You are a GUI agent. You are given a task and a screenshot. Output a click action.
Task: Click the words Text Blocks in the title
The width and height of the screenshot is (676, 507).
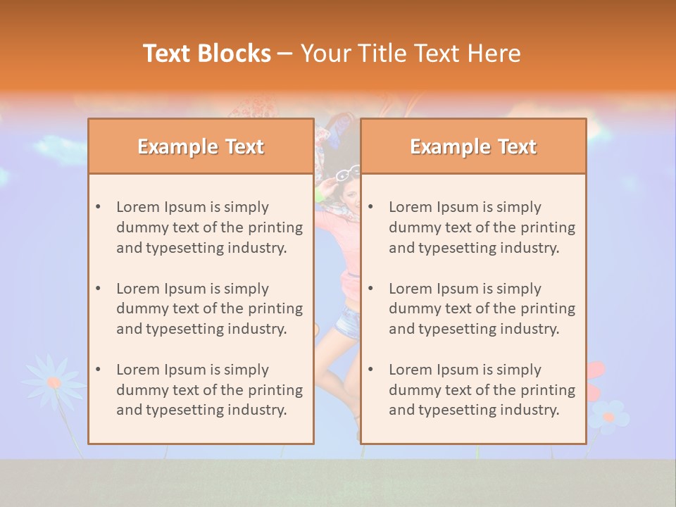[x=207, y=54]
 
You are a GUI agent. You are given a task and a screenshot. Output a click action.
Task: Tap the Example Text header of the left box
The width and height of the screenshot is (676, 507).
[x=201, y=146]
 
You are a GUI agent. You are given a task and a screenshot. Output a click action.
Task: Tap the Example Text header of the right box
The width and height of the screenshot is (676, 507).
[x=473, y=146]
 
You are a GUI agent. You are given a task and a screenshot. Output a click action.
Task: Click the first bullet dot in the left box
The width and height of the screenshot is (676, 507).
[x=98, y=207]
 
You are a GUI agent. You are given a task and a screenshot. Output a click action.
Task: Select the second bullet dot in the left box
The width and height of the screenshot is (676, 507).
[x=98, y=289]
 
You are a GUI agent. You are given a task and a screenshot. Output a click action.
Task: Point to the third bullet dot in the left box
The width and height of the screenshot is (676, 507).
[x=98, y=370]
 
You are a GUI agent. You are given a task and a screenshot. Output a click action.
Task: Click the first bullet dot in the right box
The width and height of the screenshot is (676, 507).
[x=370, y=207]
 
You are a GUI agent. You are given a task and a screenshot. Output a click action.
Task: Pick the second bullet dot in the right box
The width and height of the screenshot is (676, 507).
[x=370, y=289]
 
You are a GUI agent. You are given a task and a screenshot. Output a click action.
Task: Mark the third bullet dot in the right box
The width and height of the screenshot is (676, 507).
[x=370, y=370]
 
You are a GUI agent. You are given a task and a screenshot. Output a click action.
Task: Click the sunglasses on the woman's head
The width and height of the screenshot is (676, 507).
[x=348, y=173]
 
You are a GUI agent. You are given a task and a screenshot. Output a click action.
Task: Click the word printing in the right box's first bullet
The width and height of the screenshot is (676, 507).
[x=549, y=227]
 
